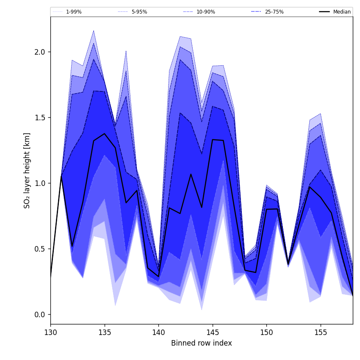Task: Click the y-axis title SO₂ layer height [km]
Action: tap(27, 170)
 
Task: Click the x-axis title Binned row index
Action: tap(202, 343)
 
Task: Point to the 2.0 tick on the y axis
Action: tap(40, 52)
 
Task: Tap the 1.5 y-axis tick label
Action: tap(40, 117)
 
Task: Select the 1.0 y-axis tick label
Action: tap(40, 183)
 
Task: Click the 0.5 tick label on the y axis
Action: tap(40, 249)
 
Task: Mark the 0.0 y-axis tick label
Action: tap(40, 314)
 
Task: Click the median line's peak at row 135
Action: tap(105, 134)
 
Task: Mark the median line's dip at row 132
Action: tap(72, 246)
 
